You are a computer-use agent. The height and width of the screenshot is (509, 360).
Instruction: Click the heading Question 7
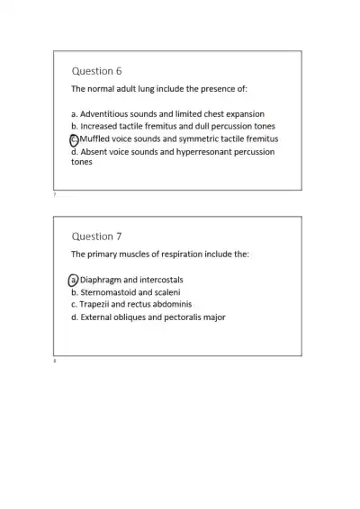[x=96, y=237]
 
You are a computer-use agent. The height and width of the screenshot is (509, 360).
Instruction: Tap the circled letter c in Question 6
[x=74, y=139]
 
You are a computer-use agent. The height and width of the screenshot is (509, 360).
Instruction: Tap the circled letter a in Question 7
[x=74, y=280]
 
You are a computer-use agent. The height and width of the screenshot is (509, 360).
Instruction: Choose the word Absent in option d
[x=94, y=152]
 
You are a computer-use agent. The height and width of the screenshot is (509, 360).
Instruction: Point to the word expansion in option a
[x=245, y=114]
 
